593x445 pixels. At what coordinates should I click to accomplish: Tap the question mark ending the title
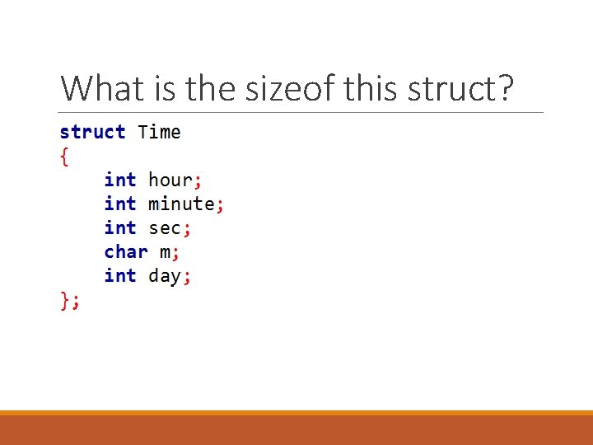click(503, 87)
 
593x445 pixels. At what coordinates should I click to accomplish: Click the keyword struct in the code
click(92, 132)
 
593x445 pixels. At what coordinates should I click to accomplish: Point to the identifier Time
click(159, 132)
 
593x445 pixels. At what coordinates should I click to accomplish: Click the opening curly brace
click(65, 156)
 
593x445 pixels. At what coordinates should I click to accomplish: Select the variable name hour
click(170, 180)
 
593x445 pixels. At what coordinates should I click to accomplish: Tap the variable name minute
click(181, 204)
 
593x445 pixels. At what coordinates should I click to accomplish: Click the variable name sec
click(165, 227)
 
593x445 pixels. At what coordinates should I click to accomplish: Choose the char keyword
click(126, 251)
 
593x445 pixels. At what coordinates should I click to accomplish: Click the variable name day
click(165, 275)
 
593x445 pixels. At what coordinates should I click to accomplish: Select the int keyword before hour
click(120, 180)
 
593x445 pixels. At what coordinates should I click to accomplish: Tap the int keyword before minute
click(120, 204)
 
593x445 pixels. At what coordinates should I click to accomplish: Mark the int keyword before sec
click(120, 227)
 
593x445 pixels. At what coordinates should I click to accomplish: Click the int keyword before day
click(120, 275)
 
